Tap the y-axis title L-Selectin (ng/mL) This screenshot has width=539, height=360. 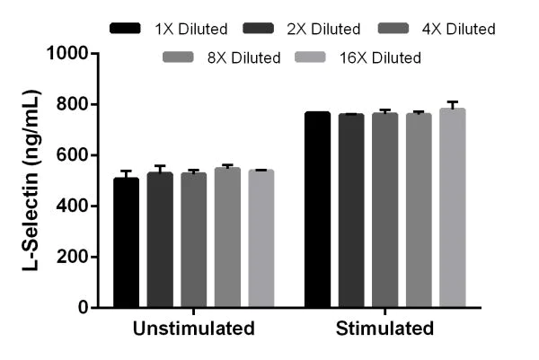[x=29, y=180]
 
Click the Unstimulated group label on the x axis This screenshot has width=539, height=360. [x=193, y=329]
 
